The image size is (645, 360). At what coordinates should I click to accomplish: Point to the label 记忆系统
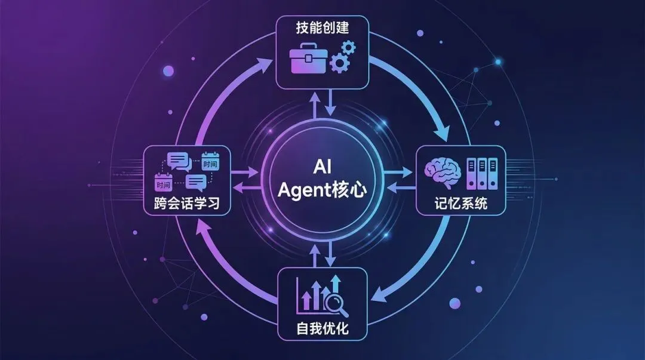coord(460,203)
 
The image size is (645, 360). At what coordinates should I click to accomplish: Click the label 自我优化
coord(322,328)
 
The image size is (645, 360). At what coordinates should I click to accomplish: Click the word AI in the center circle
coord(322,167)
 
